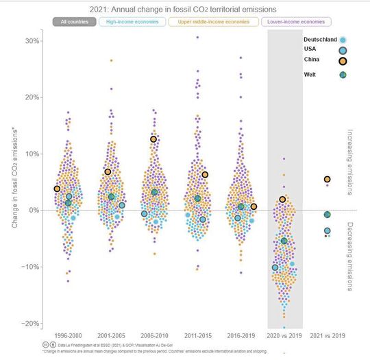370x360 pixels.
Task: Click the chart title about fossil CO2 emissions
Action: click(x=184, y=9)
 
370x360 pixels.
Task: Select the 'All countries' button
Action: click(x=73, y=22)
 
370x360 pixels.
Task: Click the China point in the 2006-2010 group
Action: click(x=153, y=139)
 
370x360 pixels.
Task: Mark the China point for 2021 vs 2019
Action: click(x=328, y=180)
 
